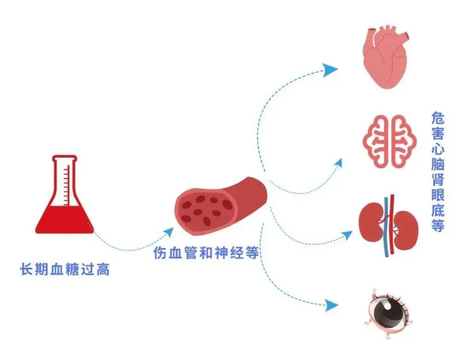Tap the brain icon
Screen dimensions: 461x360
tap(390, 142)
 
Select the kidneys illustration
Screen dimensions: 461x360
tap(389, 225)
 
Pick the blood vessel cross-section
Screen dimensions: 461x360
tap(221, 206)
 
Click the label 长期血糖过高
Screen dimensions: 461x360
tap(65, 269)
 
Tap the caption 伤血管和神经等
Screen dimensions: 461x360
tap(206, 253)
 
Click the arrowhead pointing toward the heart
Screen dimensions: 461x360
tap(330, 70)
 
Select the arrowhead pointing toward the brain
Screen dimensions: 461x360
tap(338, 163)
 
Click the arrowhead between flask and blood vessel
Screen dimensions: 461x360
tap(168, 232)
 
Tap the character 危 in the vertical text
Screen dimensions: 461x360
tap(438, 118)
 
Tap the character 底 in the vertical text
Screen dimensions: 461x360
tap(438, 210)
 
